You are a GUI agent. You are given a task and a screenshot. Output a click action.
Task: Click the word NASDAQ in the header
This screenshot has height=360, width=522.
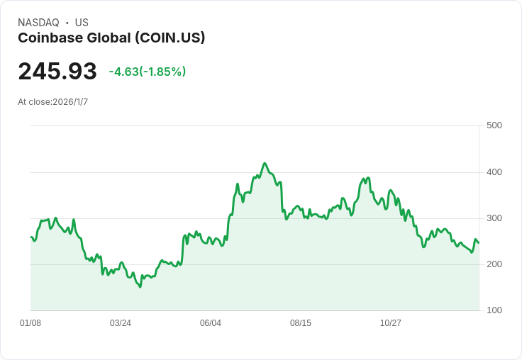(x=38, y=23)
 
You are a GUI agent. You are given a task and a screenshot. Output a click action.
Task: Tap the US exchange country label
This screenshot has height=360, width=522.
(x=82, y=23)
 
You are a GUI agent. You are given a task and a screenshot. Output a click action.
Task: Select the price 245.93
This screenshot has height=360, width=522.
(x=57, y=72)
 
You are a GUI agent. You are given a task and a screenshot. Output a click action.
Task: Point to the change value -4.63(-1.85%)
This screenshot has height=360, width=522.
(x=148, y=72)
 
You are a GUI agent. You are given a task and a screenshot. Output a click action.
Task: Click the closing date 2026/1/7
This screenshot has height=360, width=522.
(x=70, y=102)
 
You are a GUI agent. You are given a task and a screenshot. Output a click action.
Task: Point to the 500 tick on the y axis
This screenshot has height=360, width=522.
(x=494, y=125)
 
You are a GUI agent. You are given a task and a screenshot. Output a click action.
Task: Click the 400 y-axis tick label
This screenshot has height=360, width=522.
(x=494, y=172)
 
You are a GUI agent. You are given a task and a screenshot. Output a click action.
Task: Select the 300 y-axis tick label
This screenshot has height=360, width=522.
(x=494, y=218)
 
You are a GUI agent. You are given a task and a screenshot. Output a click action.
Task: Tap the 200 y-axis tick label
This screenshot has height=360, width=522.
(x=494, y=264)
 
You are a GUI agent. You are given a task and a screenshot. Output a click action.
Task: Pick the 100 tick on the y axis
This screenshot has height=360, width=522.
(x=494, y=310)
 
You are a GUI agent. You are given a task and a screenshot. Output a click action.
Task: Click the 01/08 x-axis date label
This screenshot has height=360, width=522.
(x=30, y=323)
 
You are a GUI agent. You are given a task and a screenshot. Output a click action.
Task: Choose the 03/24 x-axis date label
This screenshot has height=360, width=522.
(x=121, y=323)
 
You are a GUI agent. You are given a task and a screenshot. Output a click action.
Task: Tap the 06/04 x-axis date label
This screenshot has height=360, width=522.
(x=211, y=323)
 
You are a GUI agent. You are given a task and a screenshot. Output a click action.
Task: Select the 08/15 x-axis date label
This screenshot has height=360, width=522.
(x=301, y=323)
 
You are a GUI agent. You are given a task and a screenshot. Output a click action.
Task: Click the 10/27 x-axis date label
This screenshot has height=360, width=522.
(x=391, y=323)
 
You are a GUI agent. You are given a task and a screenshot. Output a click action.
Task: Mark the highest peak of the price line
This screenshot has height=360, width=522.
(x=265, y=163)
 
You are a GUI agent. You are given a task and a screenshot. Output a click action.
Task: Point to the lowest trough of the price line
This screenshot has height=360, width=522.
(x=140, y=287)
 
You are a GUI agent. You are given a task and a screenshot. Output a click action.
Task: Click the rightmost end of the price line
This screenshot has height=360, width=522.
(x=479, y=243)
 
